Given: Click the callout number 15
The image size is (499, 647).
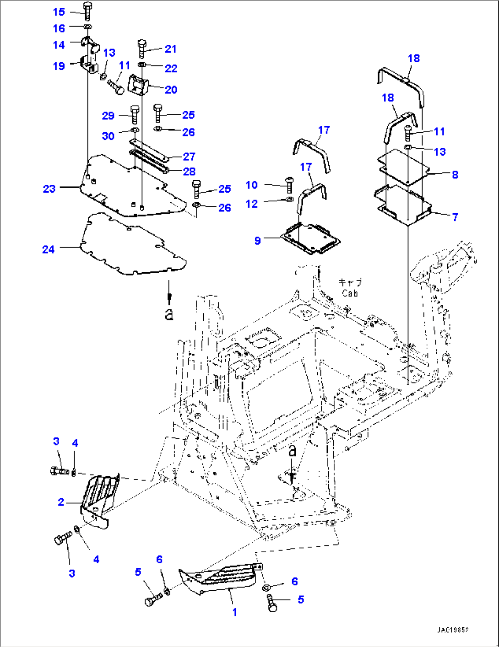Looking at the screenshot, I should click(x=59, y=12).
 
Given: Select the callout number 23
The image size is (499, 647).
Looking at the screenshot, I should click(x=49, y=189).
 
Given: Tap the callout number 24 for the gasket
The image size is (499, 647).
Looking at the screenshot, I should click(x=49, y=249).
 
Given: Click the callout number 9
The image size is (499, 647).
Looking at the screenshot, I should click(x=257, y=241).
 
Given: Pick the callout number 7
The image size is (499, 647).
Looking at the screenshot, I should click(x=455, y=217).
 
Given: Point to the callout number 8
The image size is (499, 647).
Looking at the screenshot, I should click(x=455, y=174).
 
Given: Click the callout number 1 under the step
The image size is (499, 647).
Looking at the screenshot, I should click(x=234, y=612).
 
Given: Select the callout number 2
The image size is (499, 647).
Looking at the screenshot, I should click(x=61, y=502).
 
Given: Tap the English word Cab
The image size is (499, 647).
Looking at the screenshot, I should click(x=350, y=293).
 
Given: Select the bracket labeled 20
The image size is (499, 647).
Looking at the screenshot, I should click(x=137, y=85).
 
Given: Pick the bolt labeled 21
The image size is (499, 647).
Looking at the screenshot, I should click(x=141, y=48).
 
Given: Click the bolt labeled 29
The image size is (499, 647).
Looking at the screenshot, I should click(x=135, y=114).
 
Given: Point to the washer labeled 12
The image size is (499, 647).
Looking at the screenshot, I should click(x=289, y=199).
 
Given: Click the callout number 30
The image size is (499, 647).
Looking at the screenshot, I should click(x=108, y=136).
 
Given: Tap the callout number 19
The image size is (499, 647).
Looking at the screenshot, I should click(x=59, y=66).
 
